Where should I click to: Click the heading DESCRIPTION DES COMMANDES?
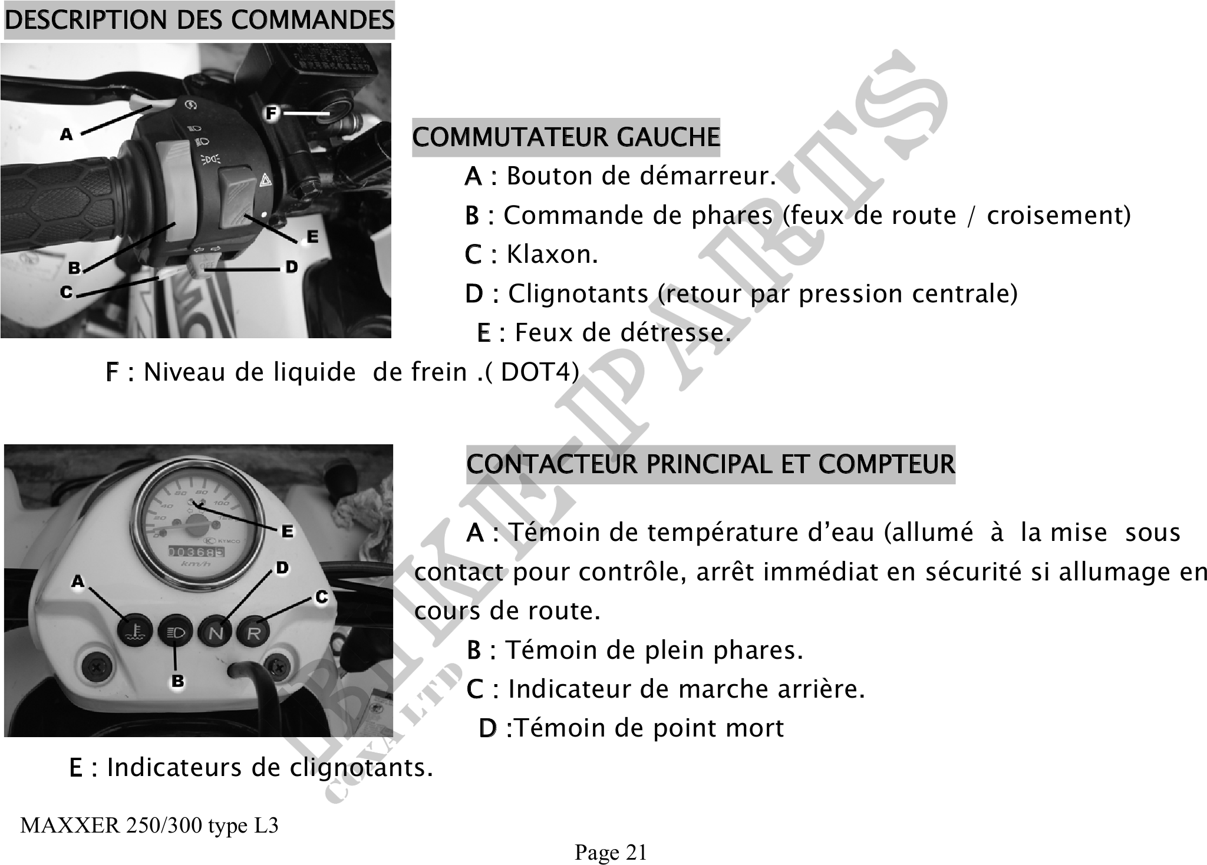pyautogui.click(x=199, y=20)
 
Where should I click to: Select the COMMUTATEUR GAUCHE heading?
pyautogui.click(x=566, y=137)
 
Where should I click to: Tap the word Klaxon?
pyautogui.click(x=552, y=255)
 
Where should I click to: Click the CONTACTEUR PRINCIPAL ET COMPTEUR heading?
pyautogui.click(x=710, y=464)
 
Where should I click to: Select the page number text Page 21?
pyautogui.click(x=611, y=852)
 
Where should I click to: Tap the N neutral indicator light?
pyautogui.click(x=216, y=632)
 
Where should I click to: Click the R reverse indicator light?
pyautogui.click(x=253, y=632)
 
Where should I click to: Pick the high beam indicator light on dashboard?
pyautogui.click(x=176, y=632)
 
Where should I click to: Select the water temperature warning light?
pyautogui.click(x=137, y=632)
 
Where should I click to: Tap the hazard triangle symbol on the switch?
pyautogui.click(x=265, y=180)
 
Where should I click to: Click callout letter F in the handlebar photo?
pyautogui.click(x=271, y=113)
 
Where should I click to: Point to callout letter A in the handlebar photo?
pyautogui.click(x=66, y=135)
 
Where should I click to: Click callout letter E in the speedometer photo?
pyautogui.click(x=287, y=531)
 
